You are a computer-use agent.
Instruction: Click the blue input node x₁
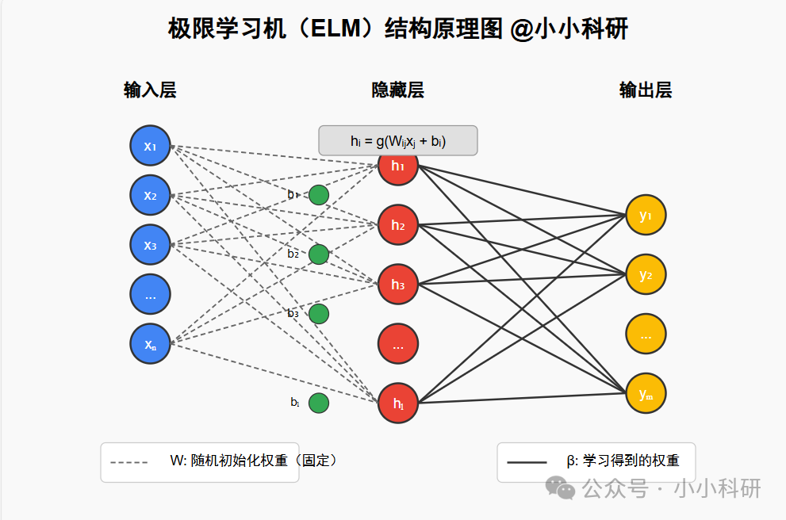[x=150, y=146]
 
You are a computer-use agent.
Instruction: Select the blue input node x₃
[x=150, y=245]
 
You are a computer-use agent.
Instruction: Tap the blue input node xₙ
[x=150, y=344]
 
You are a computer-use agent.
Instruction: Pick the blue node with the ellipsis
[x=150, y=295]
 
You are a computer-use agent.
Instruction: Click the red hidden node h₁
[x=398, y=166]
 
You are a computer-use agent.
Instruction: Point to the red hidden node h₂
[x=398, y=226]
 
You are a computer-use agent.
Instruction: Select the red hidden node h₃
[x=398, y=285]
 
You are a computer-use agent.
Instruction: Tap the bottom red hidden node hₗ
[x=398, y=403]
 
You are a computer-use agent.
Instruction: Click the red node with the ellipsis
[x=398, y=344]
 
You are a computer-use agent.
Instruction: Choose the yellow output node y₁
[x=646, y=216]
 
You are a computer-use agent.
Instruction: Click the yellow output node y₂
[x=646, y=275]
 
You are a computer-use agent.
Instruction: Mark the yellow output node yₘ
[x=646, y=393]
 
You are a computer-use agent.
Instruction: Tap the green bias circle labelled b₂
[x=318, y=254]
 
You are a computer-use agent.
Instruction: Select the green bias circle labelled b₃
[x=318, y=314]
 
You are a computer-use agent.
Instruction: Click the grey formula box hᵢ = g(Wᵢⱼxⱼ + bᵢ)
[x=398, y=141]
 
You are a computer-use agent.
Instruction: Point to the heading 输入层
[x=150, y=90]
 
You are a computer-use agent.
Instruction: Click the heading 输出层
[x=646, y=90]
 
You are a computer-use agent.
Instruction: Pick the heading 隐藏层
[x=398, y=90]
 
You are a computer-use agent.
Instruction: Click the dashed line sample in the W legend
[x=129, y=462]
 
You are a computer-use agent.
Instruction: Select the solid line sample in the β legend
[x=527, y=462]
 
